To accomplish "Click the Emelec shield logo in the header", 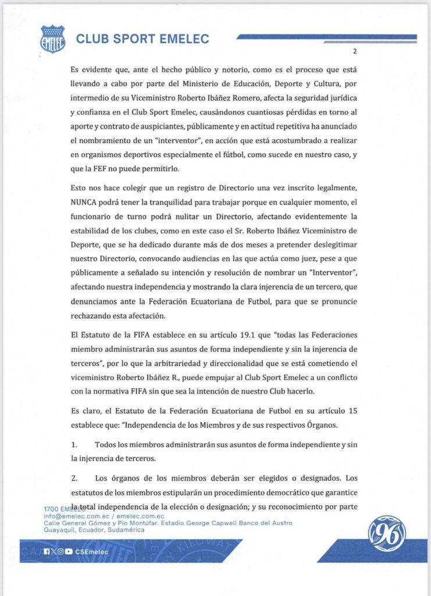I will pyautogui.click(x=52, y=39).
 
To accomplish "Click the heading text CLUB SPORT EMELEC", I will pyautogui.click(x=143, y=40).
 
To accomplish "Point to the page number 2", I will pyautogui.click(x=354, y=51).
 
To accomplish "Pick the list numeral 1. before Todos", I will pyautogui.click(x=75, y=444).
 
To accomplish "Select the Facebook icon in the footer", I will pyautogui.click(x=47, y=551).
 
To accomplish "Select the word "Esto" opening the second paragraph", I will pyautogui.click(x=80, y=187).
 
